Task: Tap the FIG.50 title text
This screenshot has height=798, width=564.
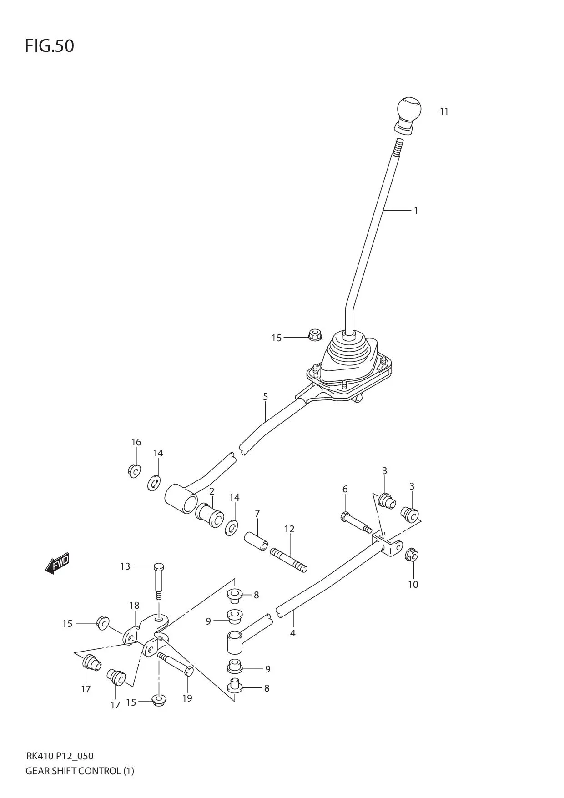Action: (49, 46)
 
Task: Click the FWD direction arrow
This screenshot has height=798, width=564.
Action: (57, 563)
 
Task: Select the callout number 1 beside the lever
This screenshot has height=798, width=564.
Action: (415, 211)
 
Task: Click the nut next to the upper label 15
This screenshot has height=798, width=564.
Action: (315, 335)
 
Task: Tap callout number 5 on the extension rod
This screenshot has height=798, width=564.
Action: (265, 397)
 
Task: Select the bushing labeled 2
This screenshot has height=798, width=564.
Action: (210, 515)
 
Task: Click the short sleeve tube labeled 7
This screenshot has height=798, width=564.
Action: (257, 540)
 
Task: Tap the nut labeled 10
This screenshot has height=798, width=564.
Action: (412, 554)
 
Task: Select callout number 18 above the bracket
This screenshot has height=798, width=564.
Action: (134, 606)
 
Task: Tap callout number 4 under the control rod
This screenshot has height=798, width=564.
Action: (292, 633)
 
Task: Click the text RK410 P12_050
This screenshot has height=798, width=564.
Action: (60, 756)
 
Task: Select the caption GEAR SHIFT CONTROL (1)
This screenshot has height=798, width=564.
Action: (80, 771)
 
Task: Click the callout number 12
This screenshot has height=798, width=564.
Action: (289, 529)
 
